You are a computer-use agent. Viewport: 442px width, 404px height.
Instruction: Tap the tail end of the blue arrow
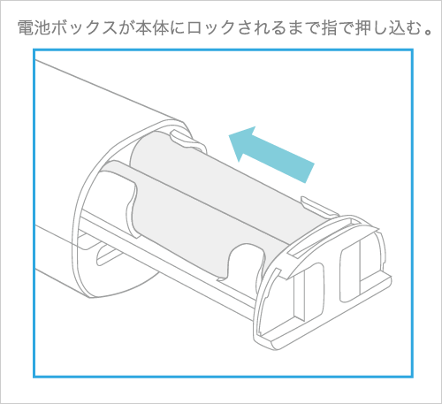(x=310, y=173)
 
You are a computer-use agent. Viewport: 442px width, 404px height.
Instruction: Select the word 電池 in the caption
(x=34, y=28)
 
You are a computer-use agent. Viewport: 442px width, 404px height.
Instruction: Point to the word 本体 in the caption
(x=152, y=28)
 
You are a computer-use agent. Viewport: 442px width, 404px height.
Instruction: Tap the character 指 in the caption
(x=330, y=28)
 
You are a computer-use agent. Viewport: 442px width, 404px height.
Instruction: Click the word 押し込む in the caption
(x=388, y=28)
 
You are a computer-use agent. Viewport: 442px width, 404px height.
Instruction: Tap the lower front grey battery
(x=179, y=221)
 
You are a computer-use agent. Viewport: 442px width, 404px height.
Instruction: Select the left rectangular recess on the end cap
(x=307, y=292)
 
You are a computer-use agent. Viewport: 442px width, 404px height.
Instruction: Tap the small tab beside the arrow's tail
(x=318, y=206)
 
